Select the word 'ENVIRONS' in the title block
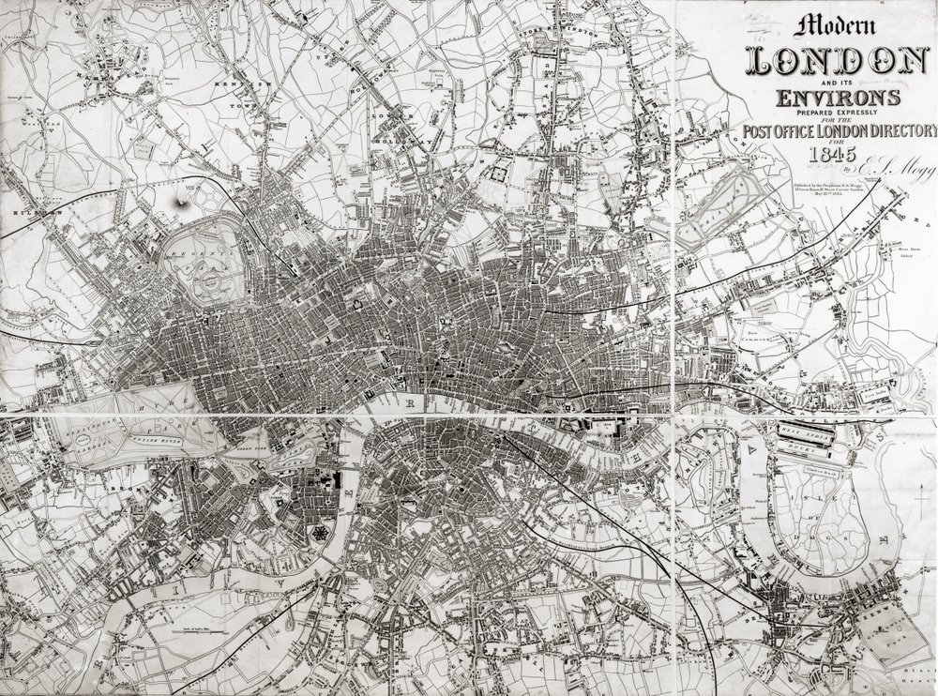click(x=835, y=97)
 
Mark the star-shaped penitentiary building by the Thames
click(x=321, y=532)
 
